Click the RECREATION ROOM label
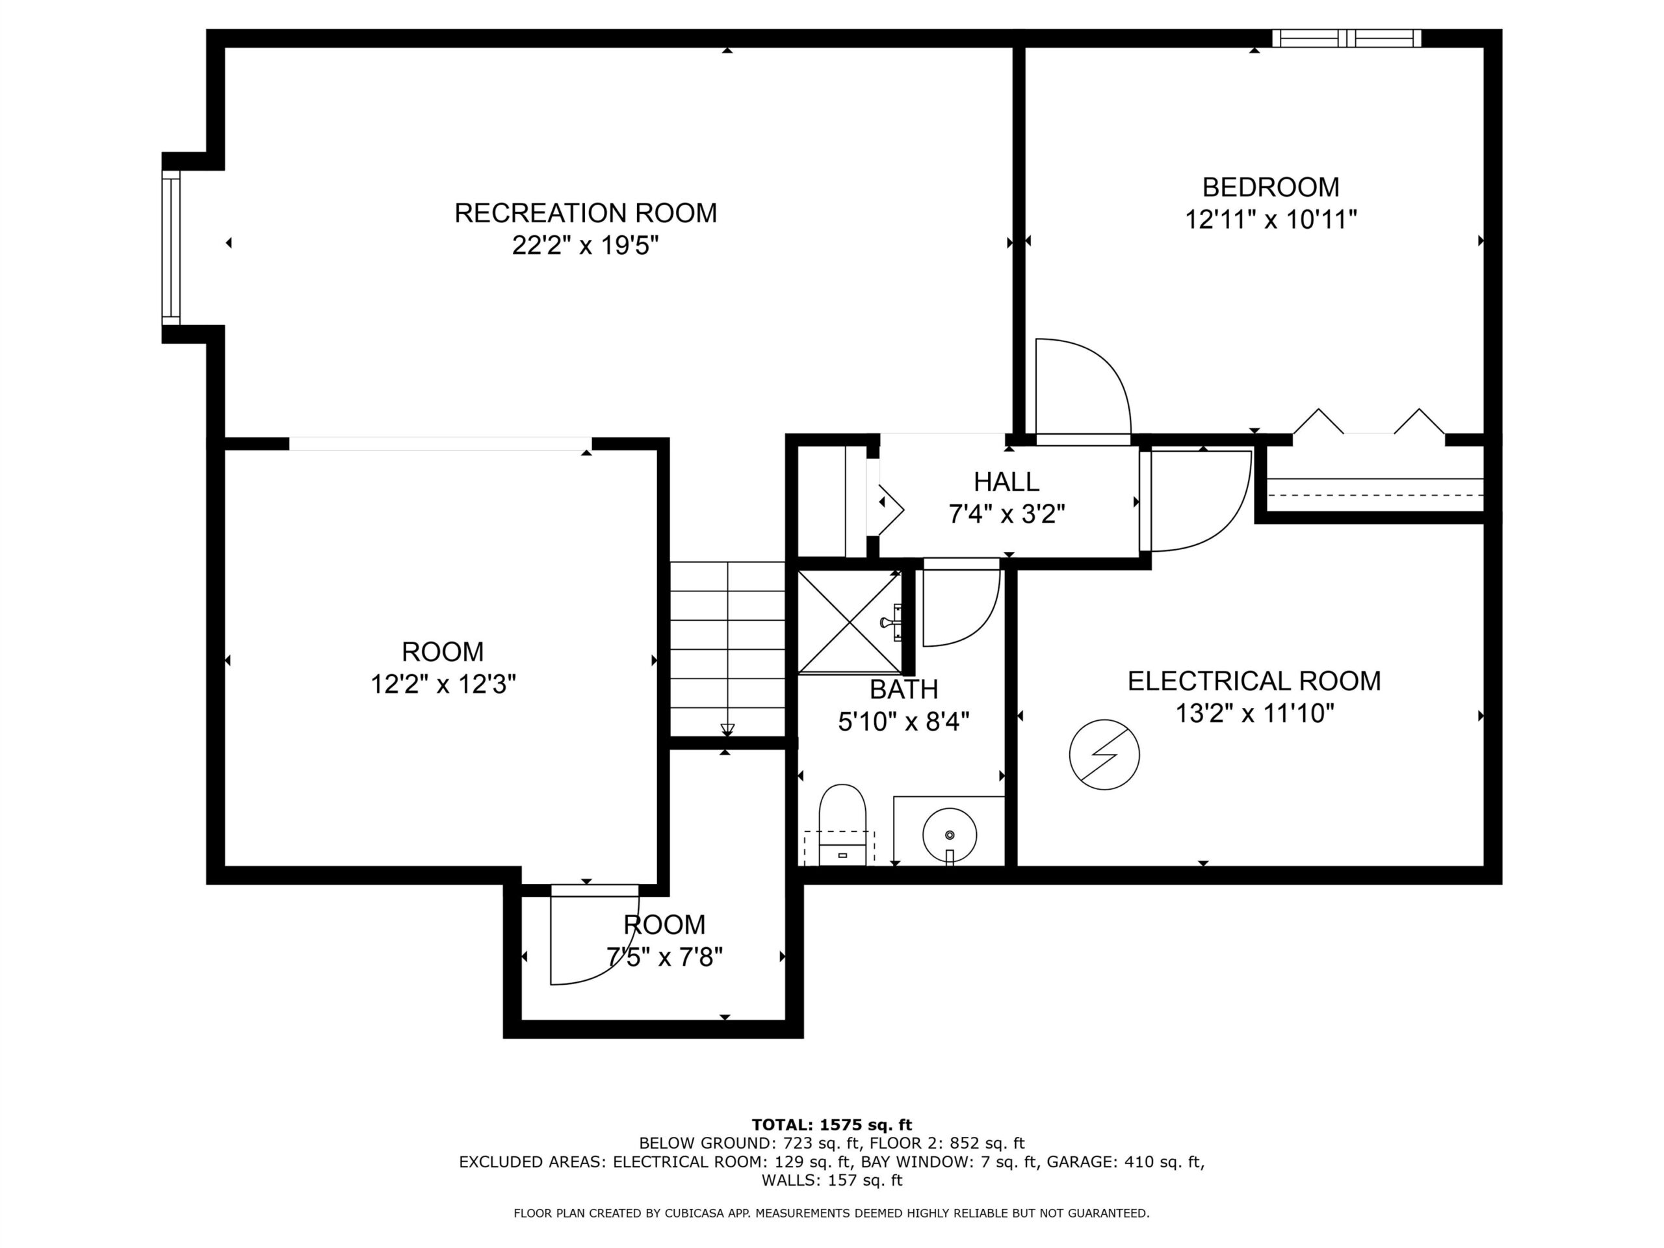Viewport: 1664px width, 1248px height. point(585,213)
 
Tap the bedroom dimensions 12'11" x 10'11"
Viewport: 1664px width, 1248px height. point(1271,220)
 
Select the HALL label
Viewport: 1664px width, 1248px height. point(1006,482)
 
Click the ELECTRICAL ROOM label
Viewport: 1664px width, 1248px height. point(1254,681)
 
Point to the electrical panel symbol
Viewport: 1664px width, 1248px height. point(1104,755)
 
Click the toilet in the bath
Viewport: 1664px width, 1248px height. point(842,825)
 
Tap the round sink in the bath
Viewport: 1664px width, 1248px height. point(950,835)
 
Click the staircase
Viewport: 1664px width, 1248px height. point(727,649)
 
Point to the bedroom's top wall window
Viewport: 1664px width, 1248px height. point(1347,38)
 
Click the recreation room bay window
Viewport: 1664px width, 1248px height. point(172,248)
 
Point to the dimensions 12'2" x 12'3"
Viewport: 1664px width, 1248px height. point(443,684)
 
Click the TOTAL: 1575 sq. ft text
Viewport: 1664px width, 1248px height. point(832,1125)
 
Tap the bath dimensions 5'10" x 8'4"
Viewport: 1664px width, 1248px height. point(903,721)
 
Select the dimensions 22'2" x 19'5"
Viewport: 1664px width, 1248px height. point(585,246)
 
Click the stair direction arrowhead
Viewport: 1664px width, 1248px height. point(727,729)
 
